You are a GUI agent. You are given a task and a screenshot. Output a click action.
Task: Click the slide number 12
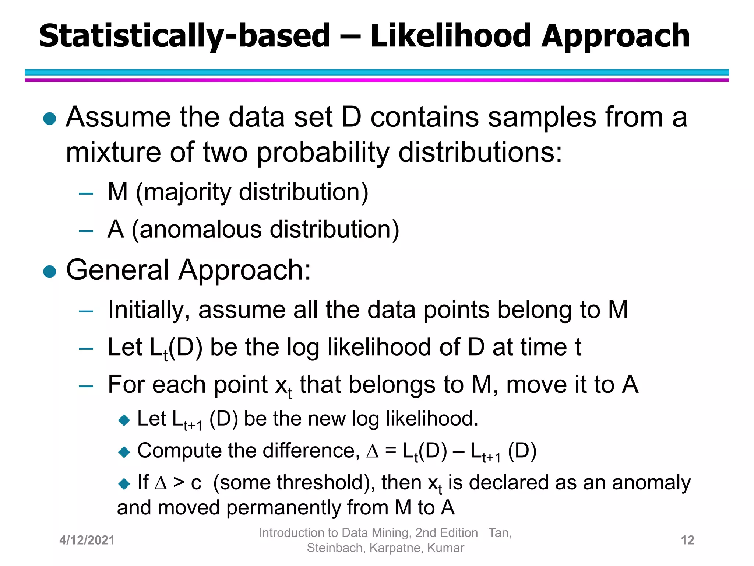coord(687,540)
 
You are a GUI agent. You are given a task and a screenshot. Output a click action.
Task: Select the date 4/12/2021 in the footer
coord(87,540)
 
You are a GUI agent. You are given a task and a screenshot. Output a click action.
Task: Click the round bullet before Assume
coord(50,119)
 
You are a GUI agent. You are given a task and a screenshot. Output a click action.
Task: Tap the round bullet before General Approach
coord(50,272)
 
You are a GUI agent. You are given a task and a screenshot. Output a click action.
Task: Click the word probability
coord(323,153)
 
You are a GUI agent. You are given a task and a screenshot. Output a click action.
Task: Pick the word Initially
coord(149,310)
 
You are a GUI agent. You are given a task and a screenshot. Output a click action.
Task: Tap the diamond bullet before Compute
coord(124,452)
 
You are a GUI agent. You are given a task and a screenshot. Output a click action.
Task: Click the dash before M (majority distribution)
coord(86,193)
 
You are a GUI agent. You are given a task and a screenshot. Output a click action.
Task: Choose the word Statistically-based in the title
coord(184,36)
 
